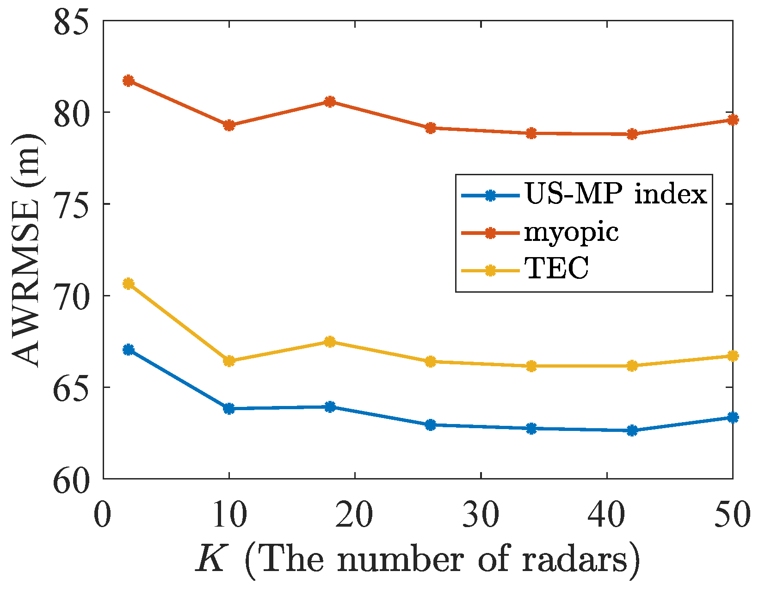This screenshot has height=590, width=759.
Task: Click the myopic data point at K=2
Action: click(128, 80)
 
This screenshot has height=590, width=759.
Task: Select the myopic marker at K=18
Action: click(330, 102)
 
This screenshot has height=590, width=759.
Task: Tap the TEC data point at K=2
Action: click(128, 283)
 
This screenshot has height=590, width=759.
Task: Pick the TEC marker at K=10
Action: click(229, 361)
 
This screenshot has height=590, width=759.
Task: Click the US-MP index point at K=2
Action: click(128, 350)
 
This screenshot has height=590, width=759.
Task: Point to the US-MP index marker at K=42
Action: click(632, 430)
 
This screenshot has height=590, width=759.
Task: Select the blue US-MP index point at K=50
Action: click(733, 418)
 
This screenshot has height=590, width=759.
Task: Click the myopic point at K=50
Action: click(733, 120)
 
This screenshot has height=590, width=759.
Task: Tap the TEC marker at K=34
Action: click(531, 366)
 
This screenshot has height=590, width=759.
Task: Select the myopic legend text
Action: click(571, 233)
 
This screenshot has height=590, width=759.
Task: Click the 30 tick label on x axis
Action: click(481, 515)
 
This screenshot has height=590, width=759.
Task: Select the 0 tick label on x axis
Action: click(103, 515)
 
